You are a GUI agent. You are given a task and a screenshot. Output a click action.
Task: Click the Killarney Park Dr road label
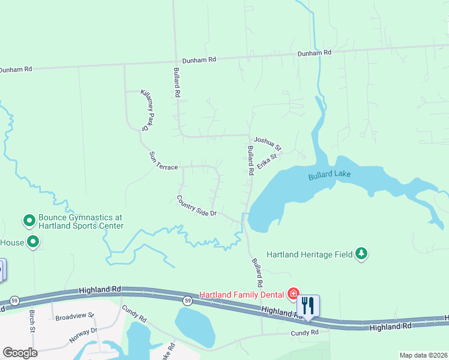(148, 110)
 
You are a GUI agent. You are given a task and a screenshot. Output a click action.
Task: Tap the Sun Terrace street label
(163, 161)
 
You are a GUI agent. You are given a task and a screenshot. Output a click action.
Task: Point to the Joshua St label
(267, 142)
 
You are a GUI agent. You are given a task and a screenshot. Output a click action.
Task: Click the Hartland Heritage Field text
(309, 254)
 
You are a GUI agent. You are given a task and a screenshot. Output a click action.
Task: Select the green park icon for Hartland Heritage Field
(361, 254)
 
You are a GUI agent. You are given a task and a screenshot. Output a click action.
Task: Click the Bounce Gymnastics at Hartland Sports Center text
(80, 222)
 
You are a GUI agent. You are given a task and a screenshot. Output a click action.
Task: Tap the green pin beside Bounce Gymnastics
(28, 221)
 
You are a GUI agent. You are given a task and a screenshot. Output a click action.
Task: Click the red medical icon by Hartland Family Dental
(294, 293)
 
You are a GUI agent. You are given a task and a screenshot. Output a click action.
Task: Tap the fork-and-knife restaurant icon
(308, 305)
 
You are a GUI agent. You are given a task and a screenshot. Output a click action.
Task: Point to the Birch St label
(31, 320)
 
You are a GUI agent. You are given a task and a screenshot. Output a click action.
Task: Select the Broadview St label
(74, 316)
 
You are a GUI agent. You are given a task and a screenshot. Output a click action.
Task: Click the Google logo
(20, 352)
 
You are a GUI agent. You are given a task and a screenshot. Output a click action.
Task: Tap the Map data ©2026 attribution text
(423, 355)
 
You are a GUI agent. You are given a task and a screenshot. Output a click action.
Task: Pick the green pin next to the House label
(33, 242)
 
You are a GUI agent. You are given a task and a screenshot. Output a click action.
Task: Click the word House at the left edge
(11, 242)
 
